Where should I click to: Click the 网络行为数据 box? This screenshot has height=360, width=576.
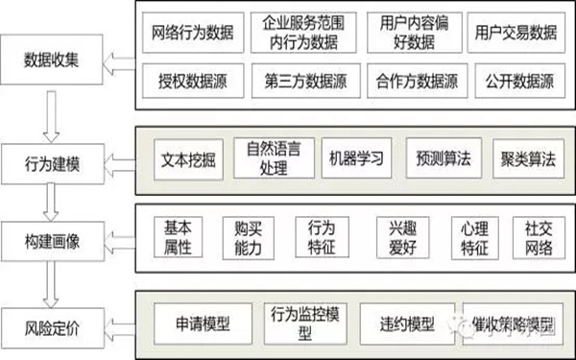point(191,34)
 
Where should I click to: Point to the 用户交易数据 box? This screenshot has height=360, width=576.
point(516,34)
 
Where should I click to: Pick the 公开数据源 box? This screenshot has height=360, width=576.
point(516,82)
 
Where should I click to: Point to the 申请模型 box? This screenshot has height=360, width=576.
point(204,319)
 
